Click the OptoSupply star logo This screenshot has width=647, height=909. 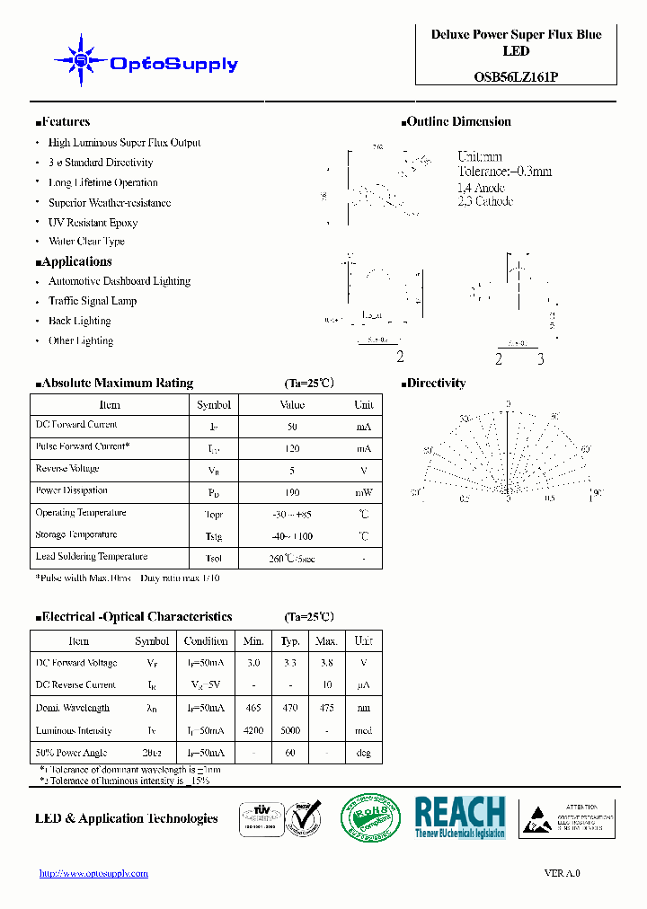(81, 61)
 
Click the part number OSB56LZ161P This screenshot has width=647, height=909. (516, 77)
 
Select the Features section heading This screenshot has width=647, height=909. (66, 122)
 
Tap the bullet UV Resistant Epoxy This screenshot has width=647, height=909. (93, 223)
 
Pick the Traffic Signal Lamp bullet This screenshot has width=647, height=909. (93, 301)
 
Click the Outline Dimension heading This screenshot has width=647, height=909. (458, 122)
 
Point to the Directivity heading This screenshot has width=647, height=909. (436, 384)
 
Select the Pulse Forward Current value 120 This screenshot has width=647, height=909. (292, 448)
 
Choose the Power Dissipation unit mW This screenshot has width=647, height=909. (363, 492)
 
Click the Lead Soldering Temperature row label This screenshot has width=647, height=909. (91, 557)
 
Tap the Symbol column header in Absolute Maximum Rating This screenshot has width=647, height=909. (214, 405)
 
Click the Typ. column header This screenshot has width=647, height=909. (290, 641)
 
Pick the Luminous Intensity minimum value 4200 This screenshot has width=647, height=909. (253, 731)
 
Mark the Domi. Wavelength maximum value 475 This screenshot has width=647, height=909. (326, 709)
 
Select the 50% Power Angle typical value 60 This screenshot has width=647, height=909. (290, 753)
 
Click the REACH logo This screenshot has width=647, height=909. (460, 816)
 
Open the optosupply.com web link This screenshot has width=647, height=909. (93, 873)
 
